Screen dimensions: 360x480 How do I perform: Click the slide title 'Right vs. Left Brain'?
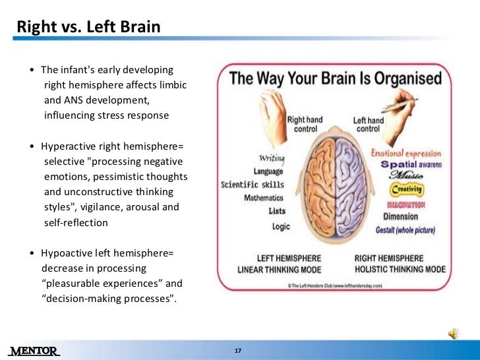click(88, 28)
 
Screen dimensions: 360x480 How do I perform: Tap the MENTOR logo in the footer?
click(34, 350)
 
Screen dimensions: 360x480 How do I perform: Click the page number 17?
click(239, 350)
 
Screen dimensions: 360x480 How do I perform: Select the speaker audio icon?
click(454, 335)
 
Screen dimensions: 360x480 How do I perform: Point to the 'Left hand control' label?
click(368, 125)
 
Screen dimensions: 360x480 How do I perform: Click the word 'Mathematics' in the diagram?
click(264, 198)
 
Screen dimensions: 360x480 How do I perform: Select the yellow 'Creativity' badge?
click(407, 190)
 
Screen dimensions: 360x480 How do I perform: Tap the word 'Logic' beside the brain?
click(281, 226)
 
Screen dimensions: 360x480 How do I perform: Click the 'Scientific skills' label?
click(253, 185)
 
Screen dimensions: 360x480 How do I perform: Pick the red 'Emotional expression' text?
click(406, 154)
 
